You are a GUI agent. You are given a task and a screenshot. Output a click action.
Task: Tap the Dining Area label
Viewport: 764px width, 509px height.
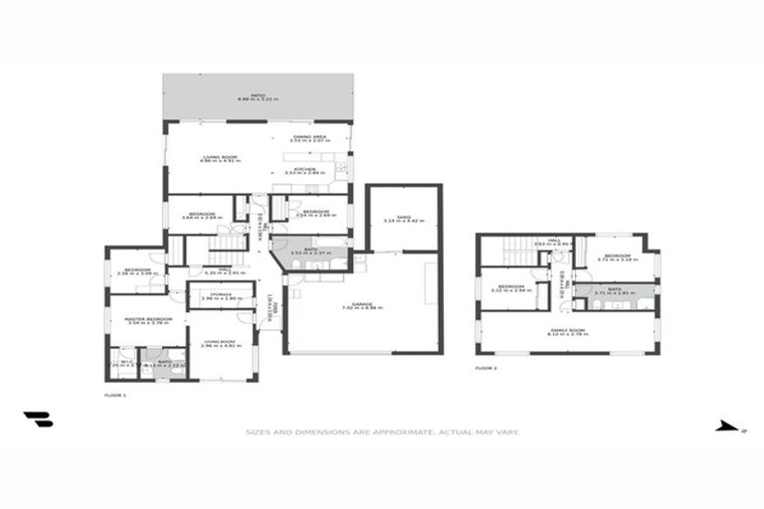[309, 139]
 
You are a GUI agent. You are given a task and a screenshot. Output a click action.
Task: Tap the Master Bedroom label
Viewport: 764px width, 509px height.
[148, 320]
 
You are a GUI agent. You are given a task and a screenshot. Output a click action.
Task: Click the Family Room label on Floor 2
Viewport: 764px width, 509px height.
[568, 331]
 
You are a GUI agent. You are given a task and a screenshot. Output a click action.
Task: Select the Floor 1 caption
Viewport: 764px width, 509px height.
[115, 396]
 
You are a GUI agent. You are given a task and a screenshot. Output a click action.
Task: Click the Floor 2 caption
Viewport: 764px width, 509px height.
[485, 368]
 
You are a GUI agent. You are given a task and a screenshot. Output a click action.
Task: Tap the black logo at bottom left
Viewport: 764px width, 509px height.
[38, 420]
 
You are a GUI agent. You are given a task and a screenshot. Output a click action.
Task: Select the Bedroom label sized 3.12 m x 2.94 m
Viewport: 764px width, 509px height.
[510, 288]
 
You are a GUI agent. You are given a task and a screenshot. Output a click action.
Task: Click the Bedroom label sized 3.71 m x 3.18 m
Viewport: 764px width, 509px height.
[616, 257]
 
